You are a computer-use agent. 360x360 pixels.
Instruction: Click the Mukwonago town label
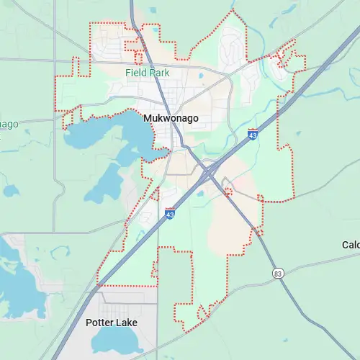click(171, 118)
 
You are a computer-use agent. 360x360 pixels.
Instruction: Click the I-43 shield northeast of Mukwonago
click(252, 135)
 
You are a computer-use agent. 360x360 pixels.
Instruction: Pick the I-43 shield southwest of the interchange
click(170, 213)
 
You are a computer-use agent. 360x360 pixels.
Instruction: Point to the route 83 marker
click(278, 273)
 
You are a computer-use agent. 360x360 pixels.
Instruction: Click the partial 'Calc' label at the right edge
click(351, 246)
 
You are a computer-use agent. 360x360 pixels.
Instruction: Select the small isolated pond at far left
click(11, 191)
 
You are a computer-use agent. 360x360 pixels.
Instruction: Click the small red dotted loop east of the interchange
click(228, 192)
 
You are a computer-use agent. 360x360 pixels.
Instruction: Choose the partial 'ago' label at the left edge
click(9, 124)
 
